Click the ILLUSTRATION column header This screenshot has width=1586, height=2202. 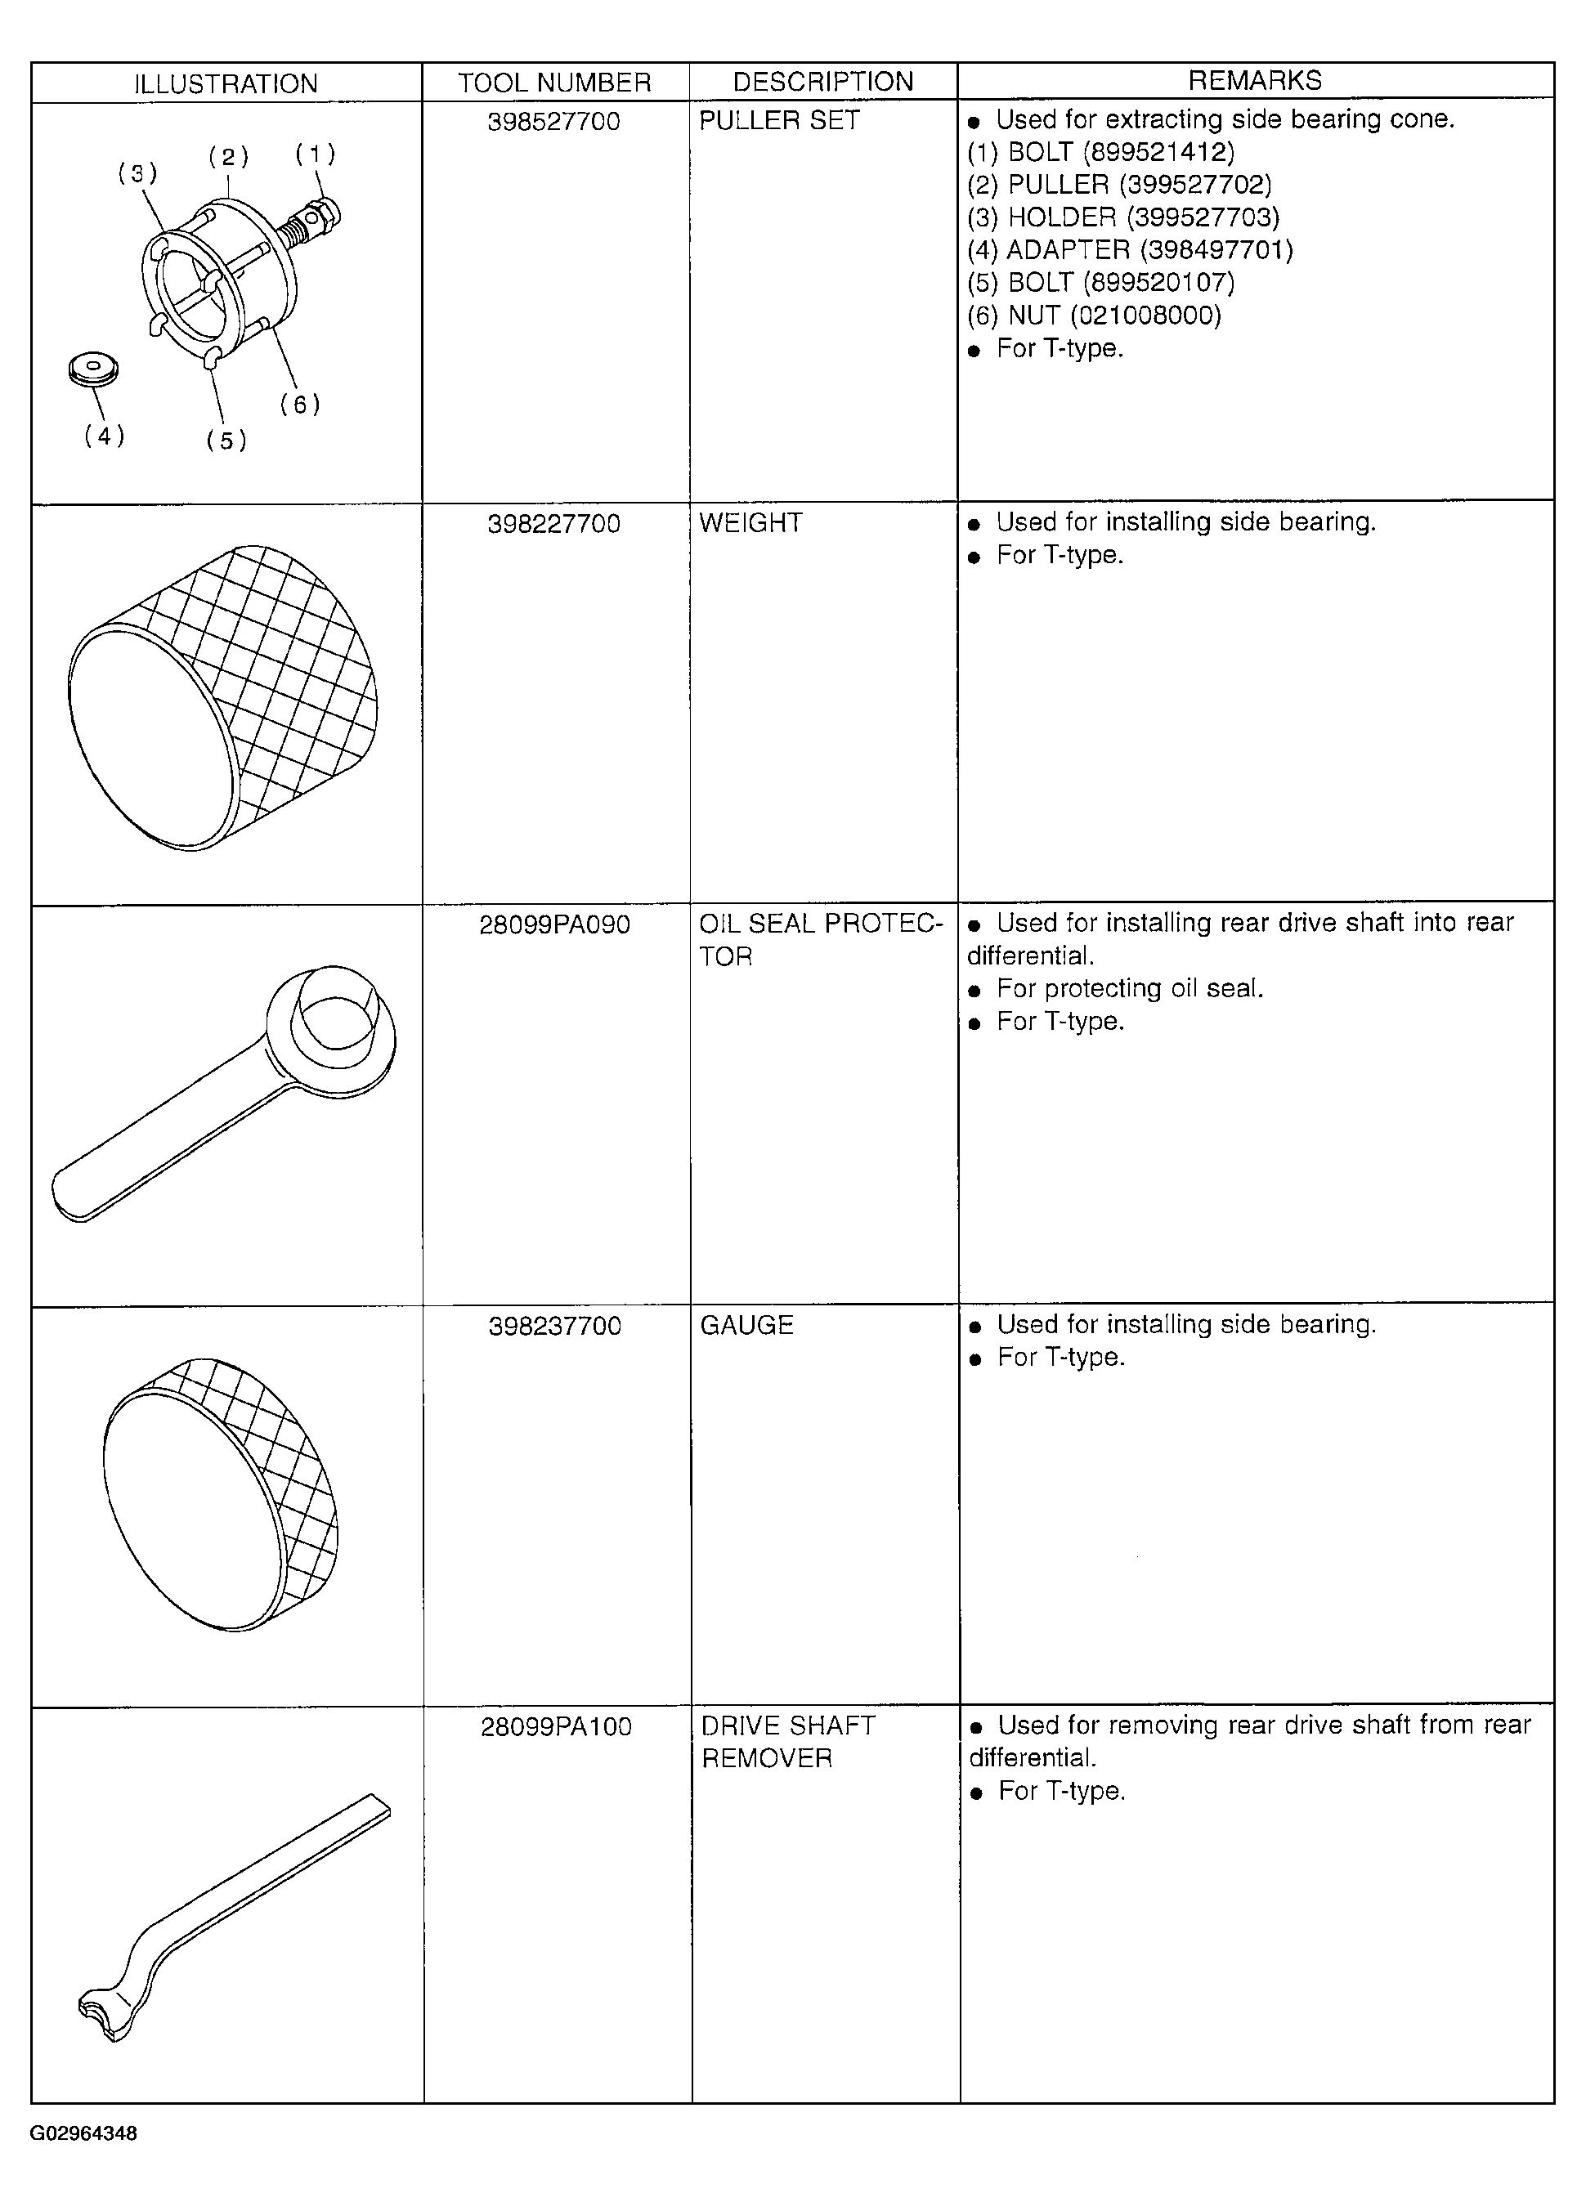tap(226, 83)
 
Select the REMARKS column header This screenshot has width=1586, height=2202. tap(1255, 81)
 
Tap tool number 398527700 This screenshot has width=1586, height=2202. tap(553, 121)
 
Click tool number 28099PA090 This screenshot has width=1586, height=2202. tap(554, 924)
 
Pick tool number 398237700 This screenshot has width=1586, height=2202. tap(554, 1327)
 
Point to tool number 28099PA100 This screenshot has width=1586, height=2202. tap(557, 1727)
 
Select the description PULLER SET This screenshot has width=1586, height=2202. tap(780, 120)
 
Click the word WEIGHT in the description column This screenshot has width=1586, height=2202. tap(750, 522)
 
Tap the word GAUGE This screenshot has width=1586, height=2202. tap(747, 1325)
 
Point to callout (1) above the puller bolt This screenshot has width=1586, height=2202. tap(316, 154)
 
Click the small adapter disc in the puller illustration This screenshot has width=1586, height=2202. tap(93, 370)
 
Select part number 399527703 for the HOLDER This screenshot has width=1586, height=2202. tap(1203, 217)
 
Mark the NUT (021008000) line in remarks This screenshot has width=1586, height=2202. tap(1095, 316)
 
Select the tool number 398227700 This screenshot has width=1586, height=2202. tap(553, 524)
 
